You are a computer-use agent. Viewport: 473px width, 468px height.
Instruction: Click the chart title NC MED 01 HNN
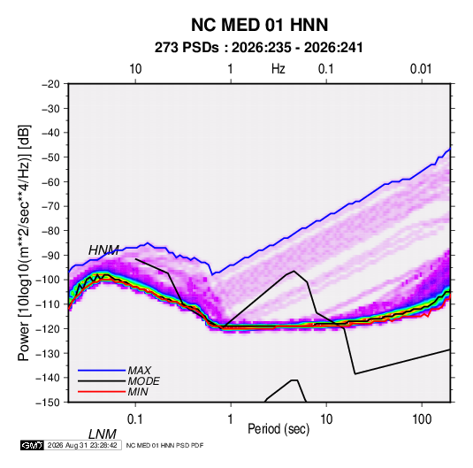(x=259, y=25)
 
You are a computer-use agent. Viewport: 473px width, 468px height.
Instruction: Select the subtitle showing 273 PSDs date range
(x=258, y=48)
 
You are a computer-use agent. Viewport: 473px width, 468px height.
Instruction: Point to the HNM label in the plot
(x=103, y=250)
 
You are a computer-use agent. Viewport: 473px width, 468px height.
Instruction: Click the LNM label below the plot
(x=102, y=434)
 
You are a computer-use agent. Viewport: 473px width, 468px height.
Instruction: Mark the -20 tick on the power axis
(x=50, y=84)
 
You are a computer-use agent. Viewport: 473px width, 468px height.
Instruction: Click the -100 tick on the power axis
(x=48, y=280)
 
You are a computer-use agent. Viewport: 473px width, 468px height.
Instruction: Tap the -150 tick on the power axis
(x=48, y=403)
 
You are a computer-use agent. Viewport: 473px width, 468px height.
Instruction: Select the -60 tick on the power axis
(x=50, y=181)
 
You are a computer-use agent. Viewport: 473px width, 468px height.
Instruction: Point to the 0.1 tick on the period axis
(x=135, y=419)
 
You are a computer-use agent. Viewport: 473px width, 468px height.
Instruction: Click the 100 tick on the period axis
(x=422, y=419)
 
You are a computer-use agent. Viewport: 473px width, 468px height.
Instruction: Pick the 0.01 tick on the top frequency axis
(x=421, y=69)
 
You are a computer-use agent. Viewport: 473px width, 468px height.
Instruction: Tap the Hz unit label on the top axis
(x=278, y=69)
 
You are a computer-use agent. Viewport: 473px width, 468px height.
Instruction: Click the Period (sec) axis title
(x=278, y=429)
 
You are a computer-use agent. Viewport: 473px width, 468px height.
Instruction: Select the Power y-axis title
(x=24, y=242)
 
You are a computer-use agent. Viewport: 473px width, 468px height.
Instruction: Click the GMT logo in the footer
(x=33, y=445)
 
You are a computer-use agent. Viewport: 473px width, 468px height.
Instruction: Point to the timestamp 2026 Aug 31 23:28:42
(x=82, y=445)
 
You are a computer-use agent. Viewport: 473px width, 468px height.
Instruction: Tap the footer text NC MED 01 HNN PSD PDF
(x=164, y=445)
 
